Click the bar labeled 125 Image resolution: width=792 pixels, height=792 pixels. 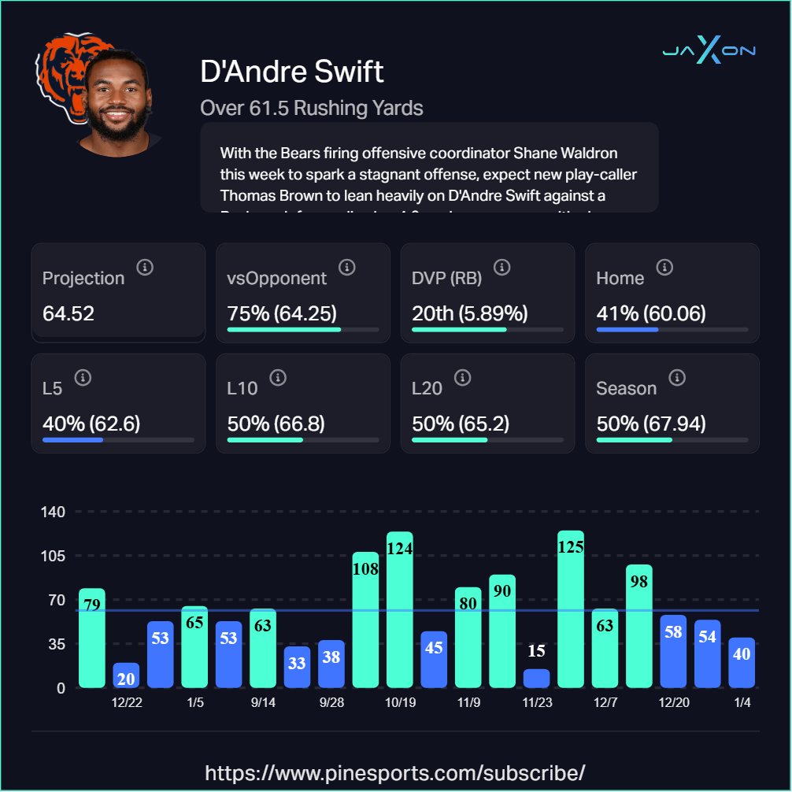(570, 609)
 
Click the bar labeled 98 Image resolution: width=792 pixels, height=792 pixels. (638, 626)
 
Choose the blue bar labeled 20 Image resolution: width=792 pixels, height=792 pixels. (126, 675)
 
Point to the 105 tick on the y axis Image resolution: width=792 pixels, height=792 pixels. (53, 556)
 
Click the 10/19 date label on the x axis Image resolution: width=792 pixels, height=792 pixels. (400, 703)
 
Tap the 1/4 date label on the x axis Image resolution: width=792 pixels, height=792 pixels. (742, 703)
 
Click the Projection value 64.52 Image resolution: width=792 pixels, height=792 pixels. (68, 314)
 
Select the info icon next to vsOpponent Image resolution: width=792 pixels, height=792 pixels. (347, 268)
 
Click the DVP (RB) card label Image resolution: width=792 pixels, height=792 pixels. (446, 278)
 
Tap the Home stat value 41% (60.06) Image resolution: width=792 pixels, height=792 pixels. (651, 314)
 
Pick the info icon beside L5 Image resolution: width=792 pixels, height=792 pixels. (83, 378)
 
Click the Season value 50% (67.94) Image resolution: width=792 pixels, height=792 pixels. (651, 424)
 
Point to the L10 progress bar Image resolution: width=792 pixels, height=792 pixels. (302, 439)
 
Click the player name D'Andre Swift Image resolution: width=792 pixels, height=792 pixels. (292, 72)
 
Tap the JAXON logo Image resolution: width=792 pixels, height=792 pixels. (709, 51)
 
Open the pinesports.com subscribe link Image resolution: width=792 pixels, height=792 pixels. (395, 772)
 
